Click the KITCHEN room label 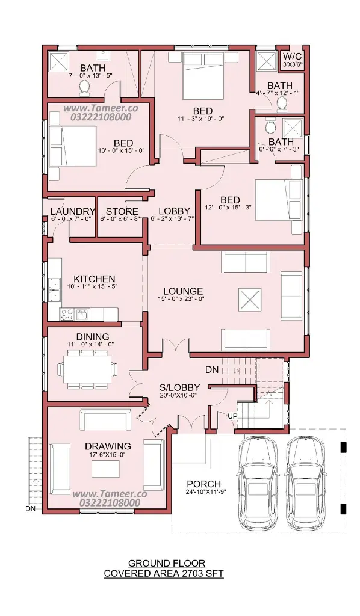(95, 279)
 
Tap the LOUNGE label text (183, 291)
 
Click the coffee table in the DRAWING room (106, 469)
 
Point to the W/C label (291, 56)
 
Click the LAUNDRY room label (73, 212)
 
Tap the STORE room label (122, 212)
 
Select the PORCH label (203, 484)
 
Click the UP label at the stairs (232, 416)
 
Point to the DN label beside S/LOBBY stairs (212, 370)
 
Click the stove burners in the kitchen (66, 314)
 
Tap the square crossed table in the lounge (250, 300)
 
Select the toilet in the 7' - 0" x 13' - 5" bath (84, 88)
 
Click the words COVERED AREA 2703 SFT (164, 573)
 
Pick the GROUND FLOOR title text (167, 564)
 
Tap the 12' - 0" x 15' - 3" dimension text (228, 207)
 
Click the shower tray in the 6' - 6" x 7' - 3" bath (292, 127)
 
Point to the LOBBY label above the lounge (174, 211)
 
